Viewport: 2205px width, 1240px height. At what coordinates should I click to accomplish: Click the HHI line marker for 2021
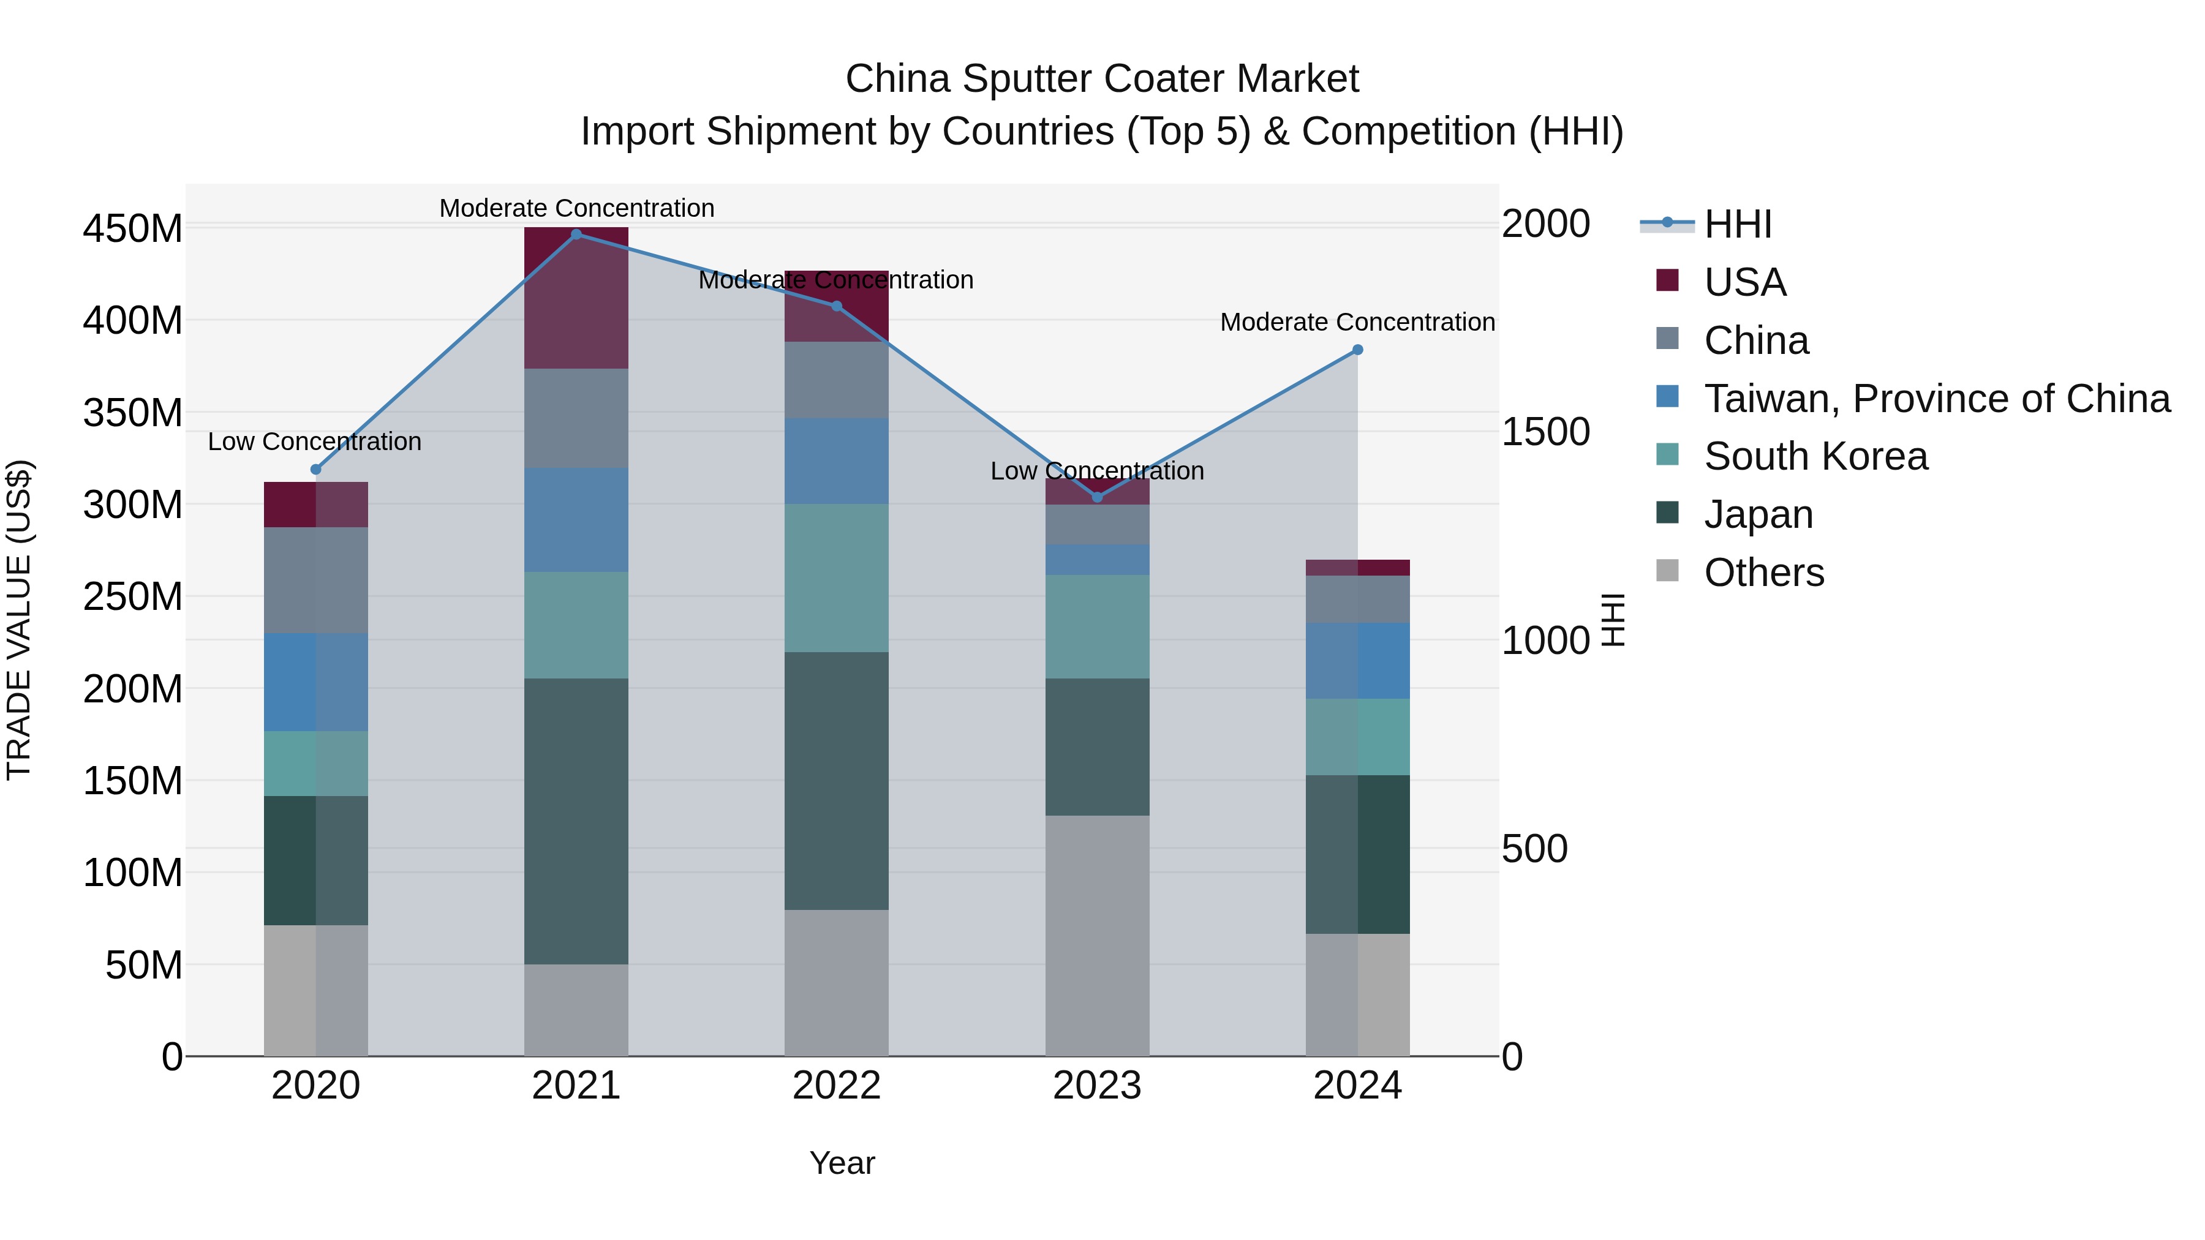pos(576,235)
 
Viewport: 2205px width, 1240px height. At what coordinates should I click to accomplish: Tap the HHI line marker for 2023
pos(1098,497)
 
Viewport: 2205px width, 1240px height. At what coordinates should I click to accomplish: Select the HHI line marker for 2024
pos(1357,350)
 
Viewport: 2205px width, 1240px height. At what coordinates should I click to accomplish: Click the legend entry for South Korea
pos(1815,456)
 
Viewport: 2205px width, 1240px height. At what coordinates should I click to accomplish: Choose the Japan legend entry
pos(1758,514)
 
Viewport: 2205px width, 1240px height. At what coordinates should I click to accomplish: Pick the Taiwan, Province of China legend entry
pos(1936,399)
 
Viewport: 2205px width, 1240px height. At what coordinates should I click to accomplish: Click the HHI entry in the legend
pos(1737,224)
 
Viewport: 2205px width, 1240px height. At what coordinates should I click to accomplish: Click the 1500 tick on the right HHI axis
pos(1546,432)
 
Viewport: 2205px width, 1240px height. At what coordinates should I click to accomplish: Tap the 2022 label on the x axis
pos(836,1086)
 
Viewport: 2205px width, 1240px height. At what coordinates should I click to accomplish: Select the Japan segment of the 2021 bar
pos(576,822)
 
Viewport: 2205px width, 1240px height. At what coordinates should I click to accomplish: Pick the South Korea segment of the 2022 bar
pos(836,577)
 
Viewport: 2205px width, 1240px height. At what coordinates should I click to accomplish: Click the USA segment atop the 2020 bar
pos(316,505)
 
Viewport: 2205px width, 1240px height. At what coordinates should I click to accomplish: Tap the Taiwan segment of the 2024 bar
pos(1357,661)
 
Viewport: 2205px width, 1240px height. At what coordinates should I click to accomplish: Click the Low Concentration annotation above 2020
pos(315,442)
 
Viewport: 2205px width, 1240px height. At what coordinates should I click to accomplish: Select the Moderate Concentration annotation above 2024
pos(1357,323)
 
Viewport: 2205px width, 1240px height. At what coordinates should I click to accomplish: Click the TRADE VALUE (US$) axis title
pos(19,620)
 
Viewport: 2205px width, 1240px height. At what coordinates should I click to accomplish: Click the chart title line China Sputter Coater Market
pos(1102,79)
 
